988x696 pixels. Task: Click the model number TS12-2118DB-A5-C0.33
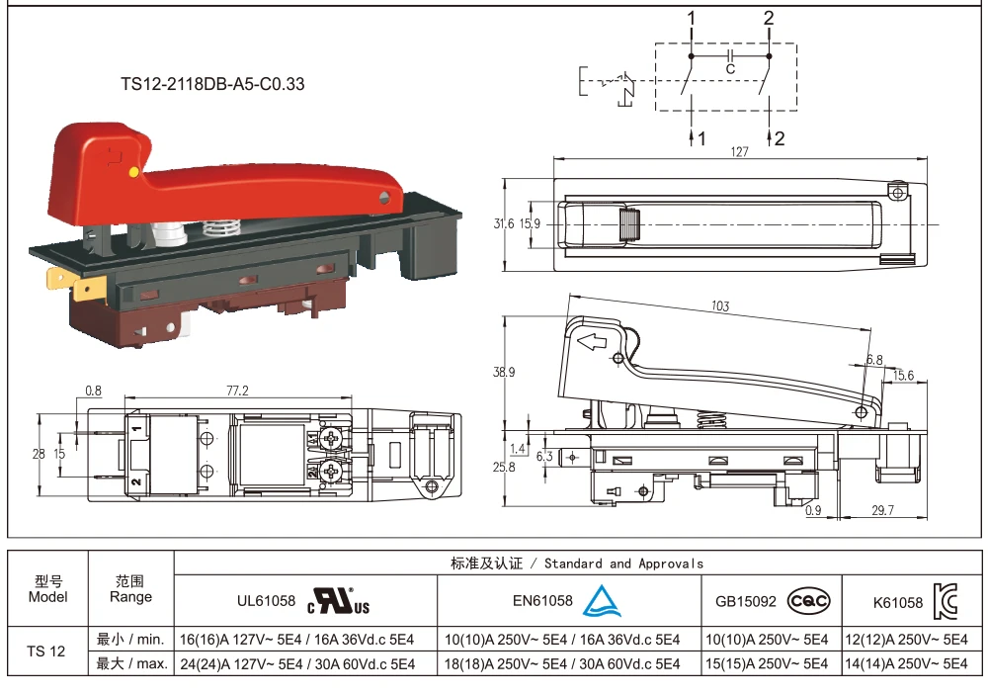[212, 84]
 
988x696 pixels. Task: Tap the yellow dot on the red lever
[133, 172]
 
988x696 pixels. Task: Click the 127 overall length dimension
[740, 152]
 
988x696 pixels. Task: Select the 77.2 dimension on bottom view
[237, 391]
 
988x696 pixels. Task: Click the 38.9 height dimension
[504, 372]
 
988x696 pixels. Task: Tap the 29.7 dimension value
[882, 510]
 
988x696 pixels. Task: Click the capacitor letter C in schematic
[730, 69]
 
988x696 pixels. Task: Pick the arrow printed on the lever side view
[591, 344]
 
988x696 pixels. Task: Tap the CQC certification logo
[808, 600]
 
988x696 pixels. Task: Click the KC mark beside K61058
[945, 600]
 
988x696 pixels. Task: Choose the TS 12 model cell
[47, 651]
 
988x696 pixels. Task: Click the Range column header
[130, 589]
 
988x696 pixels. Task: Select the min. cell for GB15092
[772, 639]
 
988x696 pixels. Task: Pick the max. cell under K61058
[911, 664]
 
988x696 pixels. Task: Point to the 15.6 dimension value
[903, 376]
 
